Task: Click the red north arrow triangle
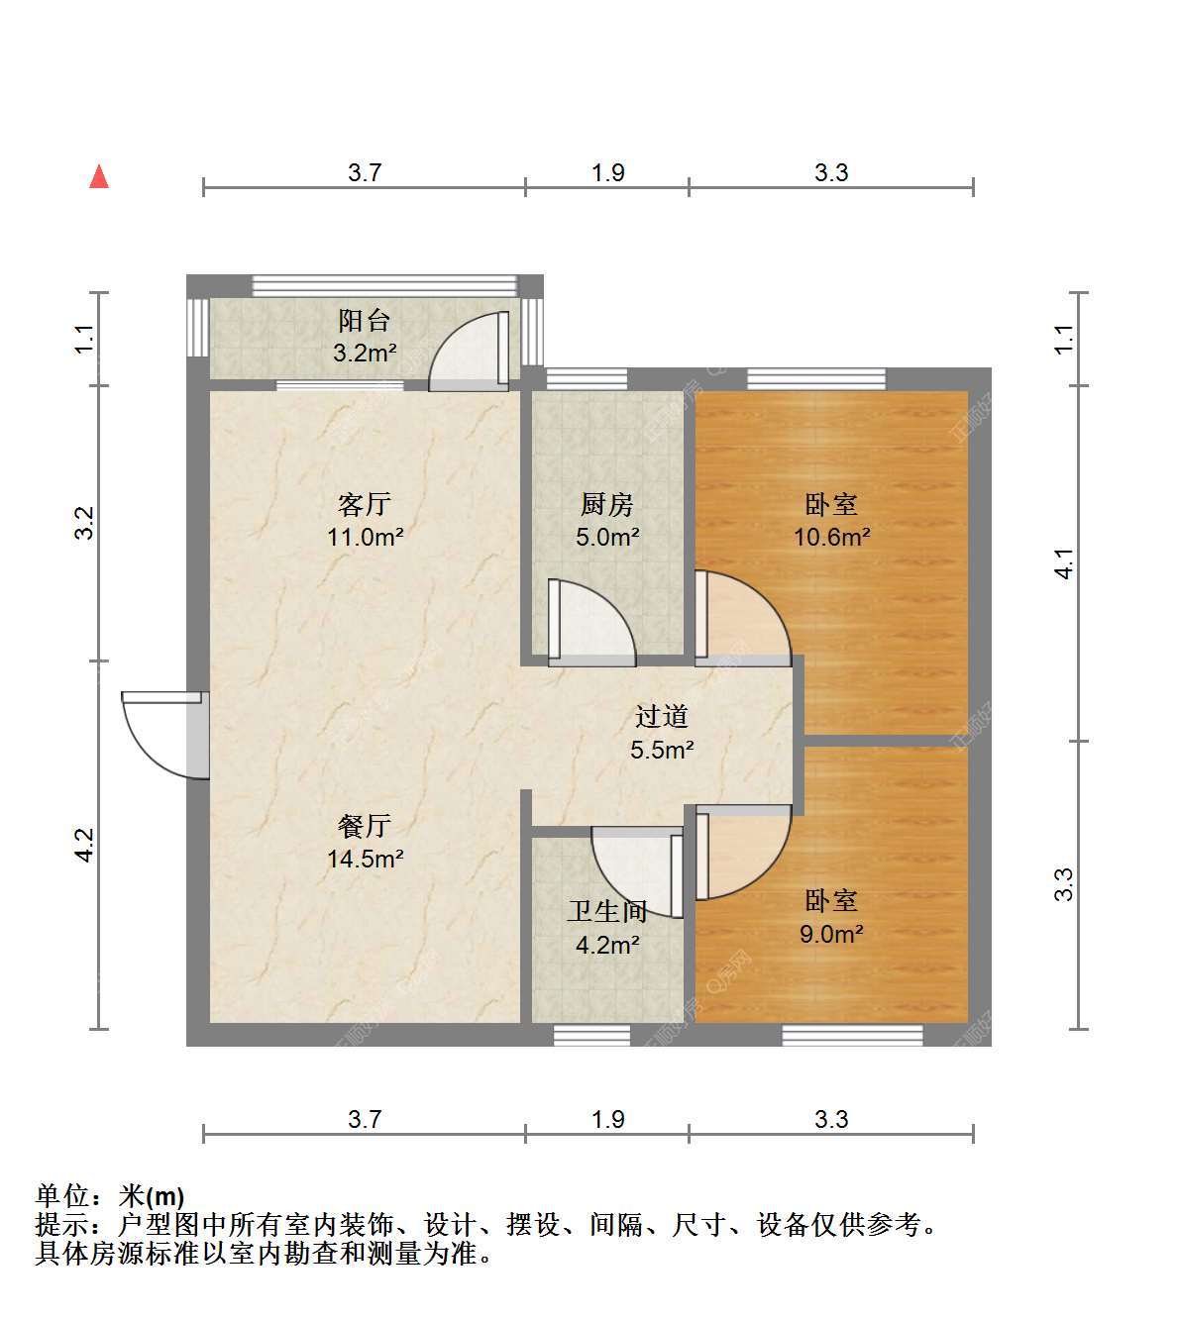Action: (99, 176)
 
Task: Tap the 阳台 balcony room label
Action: (364, 321)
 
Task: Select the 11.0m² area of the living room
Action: (366, 538)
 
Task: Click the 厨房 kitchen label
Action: (606, 505)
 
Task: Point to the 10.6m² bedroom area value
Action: (831, 538)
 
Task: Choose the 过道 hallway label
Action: (662, 717)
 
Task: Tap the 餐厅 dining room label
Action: (364, 826)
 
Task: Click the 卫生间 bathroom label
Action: (606, 911)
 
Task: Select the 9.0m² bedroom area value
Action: (831, 935)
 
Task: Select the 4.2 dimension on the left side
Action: (85, 845)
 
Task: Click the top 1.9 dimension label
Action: (608, 172)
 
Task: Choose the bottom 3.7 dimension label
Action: (364, 1120)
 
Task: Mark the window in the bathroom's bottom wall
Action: (591, 1035)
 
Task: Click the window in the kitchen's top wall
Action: (587, 379)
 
